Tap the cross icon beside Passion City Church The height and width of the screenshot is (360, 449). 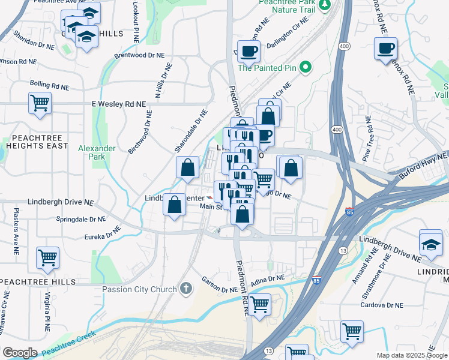click(x=187, y=289)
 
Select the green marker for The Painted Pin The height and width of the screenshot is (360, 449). click(x=306, y=67)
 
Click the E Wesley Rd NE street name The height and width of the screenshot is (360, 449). click(x=118, y=104)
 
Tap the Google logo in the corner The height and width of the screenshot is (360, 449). click(x=20, y=353)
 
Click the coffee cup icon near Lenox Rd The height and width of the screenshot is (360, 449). click(x=385, y=48)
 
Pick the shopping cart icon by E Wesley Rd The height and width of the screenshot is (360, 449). click(x=40, y=103)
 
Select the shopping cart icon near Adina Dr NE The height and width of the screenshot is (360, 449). click(x=260, y=304)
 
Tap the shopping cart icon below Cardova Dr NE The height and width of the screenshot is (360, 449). click(x=352, y=331)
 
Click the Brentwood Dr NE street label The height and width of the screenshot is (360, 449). click(x=139, y=55)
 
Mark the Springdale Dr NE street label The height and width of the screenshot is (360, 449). click(x=81, y=220)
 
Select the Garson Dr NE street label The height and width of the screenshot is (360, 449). click(x=220, y=284)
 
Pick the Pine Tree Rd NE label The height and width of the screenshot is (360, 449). click(x=368, y=145)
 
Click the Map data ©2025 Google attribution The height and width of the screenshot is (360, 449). click(x=412, y=355)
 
